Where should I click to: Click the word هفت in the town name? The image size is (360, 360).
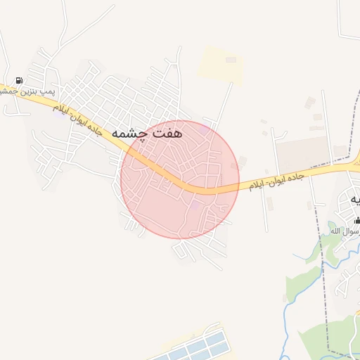click(167, 132)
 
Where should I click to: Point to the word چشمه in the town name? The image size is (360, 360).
click(130, 133)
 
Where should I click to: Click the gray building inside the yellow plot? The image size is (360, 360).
click(231, 60)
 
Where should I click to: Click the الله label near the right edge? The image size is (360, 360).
click(336, 231)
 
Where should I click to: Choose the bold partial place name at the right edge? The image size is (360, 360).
click(352, 200)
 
